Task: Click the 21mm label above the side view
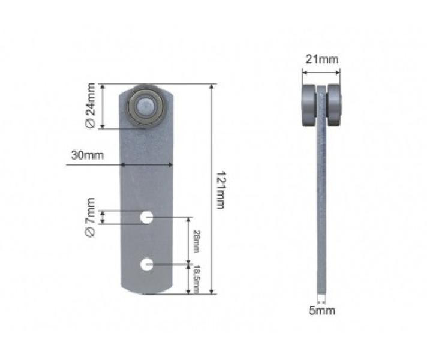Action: click(x=321, y=59)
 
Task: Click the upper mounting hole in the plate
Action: click(x=146, y=217)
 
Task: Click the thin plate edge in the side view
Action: click(x=322, y=210)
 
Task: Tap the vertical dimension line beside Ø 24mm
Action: click(x=104, y=106)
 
